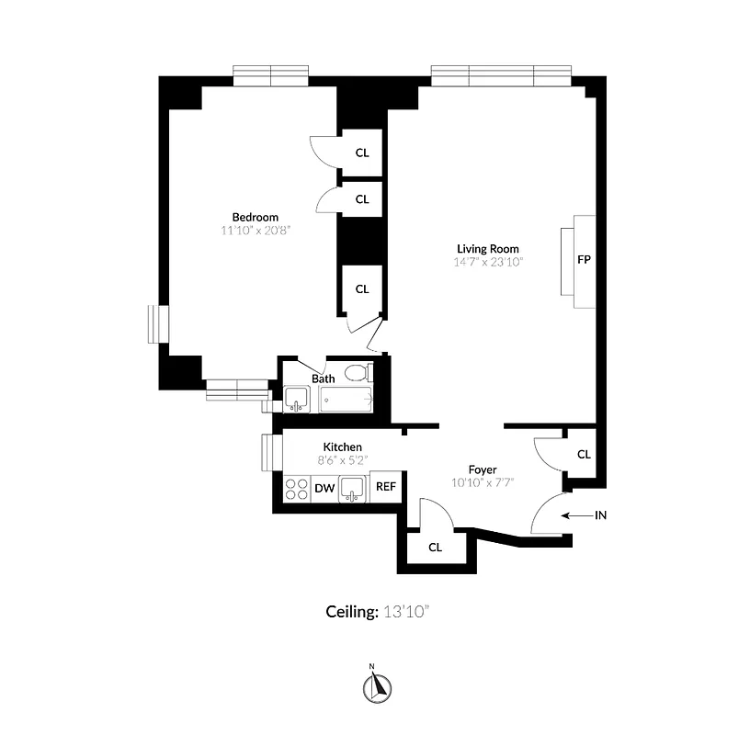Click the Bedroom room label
point(256,217)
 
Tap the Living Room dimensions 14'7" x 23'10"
point(489,262)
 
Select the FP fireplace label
point(583,259)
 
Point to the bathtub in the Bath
point(347,400)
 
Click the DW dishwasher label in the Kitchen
point(324,488)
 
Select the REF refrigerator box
point(385,487)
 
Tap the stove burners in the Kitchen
point(297,488)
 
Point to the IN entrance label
point(600,515)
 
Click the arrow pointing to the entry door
point(576,515)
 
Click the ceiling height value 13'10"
point(406,611)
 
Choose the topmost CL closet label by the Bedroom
point(362,153)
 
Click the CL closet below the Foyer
point(436,547)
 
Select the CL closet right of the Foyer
point(584,454)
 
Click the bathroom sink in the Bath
point(296,399)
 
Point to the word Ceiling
point(351,611)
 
